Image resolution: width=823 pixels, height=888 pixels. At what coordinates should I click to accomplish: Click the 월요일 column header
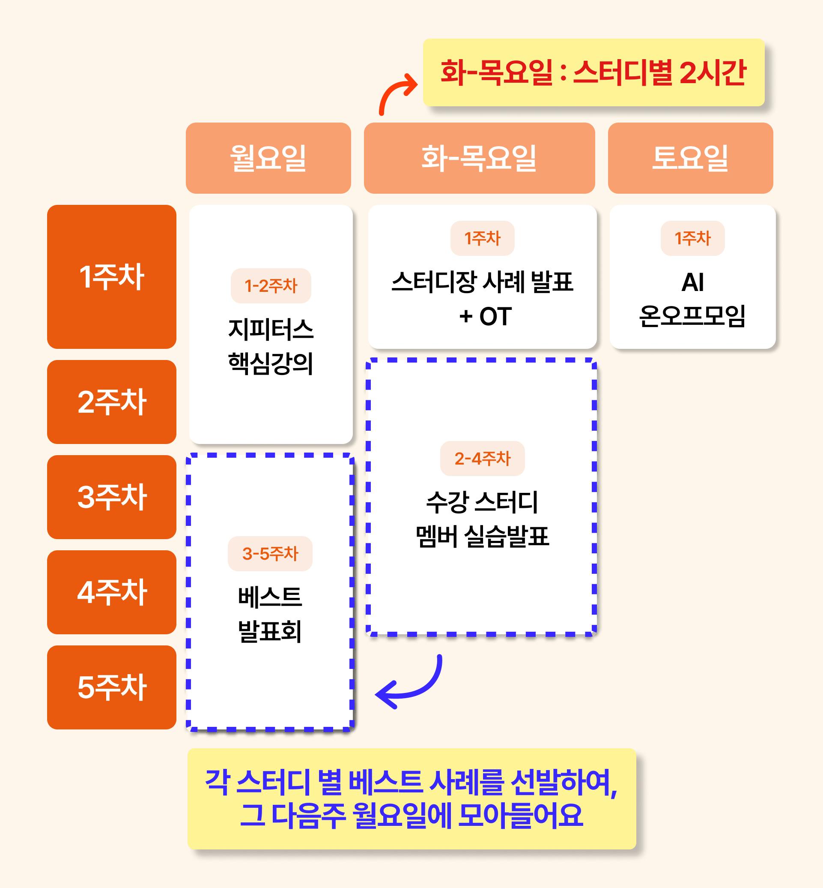268,158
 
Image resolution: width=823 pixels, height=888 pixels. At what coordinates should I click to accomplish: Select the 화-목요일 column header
479,158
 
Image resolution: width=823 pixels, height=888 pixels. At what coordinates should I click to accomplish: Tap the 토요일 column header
690,158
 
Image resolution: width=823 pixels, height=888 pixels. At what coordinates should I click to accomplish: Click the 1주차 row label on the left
111,276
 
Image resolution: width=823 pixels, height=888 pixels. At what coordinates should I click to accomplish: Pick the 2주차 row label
111,402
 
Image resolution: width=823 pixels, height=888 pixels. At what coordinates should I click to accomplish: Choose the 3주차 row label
111,497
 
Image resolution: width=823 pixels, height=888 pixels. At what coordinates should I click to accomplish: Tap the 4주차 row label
111,592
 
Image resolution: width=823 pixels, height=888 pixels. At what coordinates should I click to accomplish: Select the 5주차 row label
111,687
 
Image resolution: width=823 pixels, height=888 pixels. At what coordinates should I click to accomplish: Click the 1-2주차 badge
271,286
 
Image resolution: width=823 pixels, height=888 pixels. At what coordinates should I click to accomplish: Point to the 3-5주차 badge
270,554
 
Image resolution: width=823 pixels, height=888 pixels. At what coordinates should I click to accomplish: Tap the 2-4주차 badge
482,458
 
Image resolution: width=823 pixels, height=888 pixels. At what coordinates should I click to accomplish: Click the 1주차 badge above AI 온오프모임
692,238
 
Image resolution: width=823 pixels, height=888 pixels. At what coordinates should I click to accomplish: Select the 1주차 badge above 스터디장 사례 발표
482,238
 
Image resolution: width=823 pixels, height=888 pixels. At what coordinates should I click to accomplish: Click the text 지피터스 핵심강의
271,346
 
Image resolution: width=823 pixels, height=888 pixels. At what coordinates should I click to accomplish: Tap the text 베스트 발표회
270,614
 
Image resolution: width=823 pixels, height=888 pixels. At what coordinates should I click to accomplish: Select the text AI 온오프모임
692,299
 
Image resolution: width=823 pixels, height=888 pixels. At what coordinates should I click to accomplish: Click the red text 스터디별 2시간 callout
593,72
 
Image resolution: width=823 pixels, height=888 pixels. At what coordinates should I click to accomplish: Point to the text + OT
486,317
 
